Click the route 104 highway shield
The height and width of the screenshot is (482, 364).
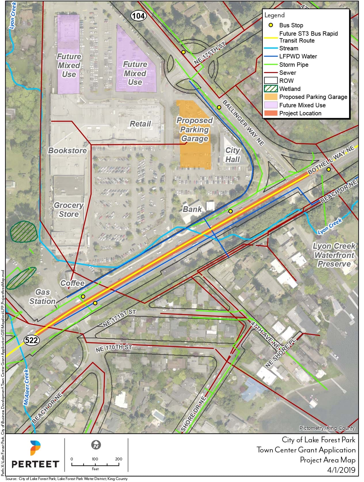pyautogui.click(x=139, y=16)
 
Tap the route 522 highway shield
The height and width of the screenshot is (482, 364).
pyautogui.click(x=31, y=340)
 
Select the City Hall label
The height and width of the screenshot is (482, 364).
pyautogui.click(x=232, y=155)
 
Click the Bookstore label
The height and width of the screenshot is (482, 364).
pyautogui.click(x=67, y=151)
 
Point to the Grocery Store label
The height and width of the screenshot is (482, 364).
pyautogui.click(x=68, y=210)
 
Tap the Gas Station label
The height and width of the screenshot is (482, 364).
pyautogui.click(x=42, y=297)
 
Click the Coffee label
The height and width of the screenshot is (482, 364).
pyautogui.click(x=73, y=283)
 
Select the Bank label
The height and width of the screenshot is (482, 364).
pyautogui.click(x=192, y=209)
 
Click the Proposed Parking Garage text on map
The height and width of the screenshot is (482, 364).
pyautogui.click(x=195, y=129)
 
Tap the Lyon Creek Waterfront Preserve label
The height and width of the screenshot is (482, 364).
pyautogui.click(x=334, y=255)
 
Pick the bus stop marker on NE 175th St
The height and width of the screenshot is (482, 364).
pyautogui.click(x=183, y=52)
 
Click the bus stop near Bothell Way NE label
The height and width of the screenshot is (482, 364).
pyautogui.click(x=328, y=170)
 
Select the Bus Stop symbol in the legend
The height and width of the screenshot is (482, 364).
pyautogui.click(x=270, y=25)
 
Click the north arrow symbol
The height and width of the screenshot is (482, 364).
pyautogui.click(x=95, y=445)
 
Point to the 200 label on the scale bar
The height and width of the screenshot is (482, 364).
pyautogui.click(x=119, y=459)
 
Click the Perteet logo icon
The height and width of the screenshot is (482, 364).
pyautogui.click(x=35, y=447)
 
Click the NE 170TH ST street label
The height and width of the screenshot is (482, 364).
pyautogui.click(x=114, y=348)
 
